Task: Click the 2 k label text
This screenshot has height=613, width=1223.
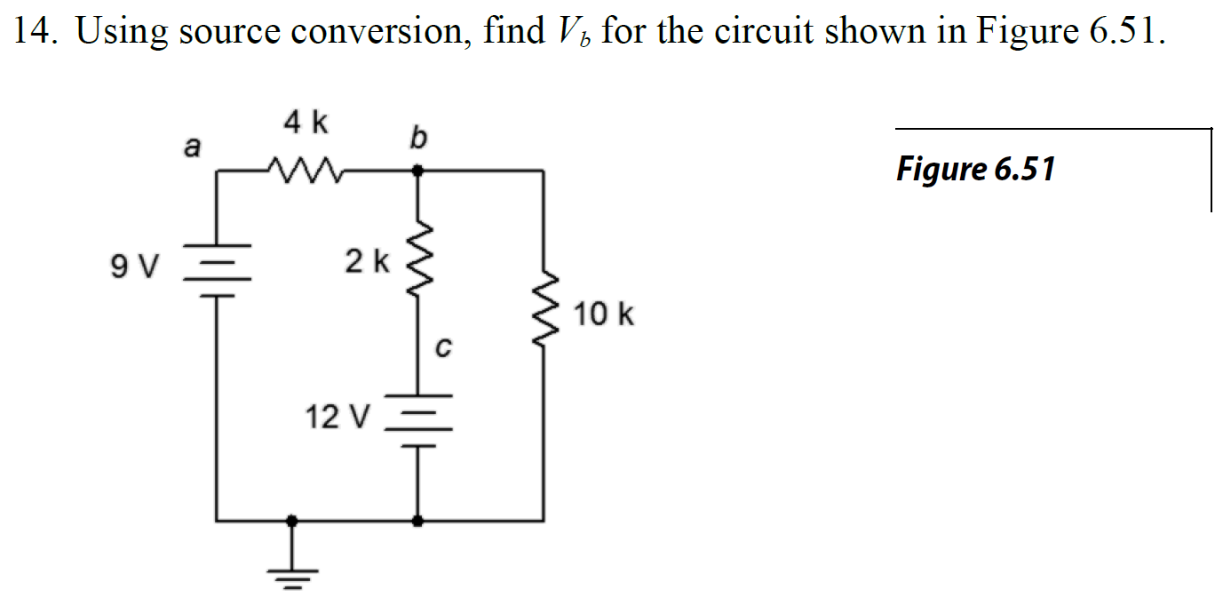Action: coord(367,261)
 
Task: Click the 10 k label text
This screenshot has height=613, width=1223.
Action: coord(604,314)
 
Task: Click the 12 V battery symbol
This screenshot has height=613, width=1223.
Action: coord(417,418)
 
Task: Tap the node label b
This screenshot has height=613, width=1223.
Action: coord(418,137)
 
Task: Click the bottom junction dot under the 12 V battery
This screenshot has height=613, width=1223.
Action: coord(417,521)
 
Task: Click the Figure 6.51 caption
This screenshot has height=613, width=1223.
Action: coord(975,168)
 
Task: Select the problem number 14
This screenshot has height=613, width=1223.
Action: coord(33,32)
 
